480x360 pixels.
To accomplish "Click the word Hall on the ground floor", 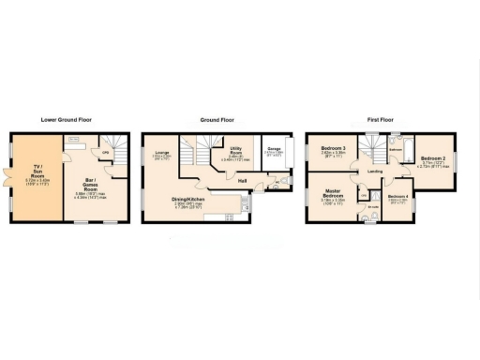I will coord(241,179).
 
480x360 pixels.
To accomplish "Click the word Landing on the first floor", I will coord(375,172).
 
